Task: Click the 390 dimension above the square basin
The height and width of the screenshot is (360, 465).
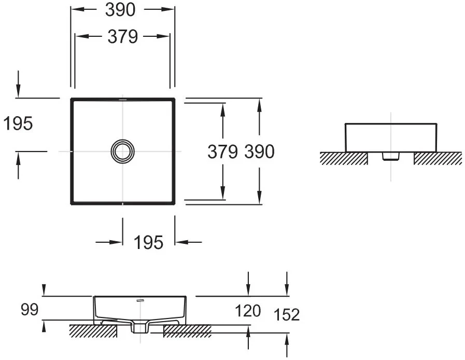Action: (x=120, y=10)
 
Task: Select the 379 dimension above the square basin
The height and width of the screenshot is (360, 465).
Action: (x=122, y=36)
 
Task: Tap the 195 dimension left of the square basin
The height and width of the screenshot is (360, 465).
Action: (x=18, y=123)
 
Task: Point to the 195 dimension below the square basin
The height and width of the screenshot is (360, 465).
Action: (x=148, y=242)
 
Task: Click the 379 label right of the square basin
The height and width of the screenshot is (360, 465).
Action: (x=222, y=151)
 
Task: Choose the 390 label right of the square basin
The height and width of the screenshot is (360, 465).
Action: (x=260, y=151)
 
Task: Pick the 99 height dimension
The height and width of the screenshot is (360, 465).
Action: (x=30, y=310)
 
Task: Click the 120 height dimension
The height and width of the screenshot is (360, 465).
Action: (x=248, y=311)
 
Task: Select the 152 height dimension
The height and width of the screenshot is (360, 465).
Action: (x=287, y=314)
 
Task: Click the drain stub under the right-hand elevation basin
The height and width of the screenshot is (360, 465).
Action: (x=391, y=156)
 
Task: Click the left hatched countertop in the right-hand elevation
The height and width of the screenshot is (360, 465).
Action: (x=344, y=159)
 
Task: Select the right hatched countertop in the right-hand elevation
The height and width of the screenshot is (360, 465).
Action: (x=438, y=159)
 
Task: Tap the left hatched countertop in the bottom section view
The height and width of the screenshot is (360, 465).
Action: (x=93, y=331)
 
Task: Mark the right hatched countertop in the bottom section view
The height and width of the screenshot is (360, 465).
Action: (x=188, y=331)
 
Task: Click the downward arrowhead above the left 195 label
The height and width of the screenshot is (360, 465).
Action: (x=18, y=90)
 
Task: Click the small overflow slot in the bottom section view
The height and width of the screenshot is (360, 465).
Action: (x=140, y=300)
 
